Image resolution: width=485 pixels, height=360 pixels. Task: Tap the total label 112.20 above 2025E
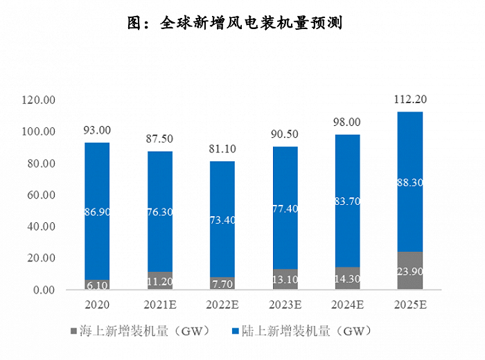coord(409,100)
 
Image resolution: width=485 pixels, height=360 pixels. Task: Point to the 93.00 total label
coord(97,130)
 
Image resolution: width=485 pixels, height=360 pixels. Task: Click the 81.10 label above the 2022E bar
coord(222,149)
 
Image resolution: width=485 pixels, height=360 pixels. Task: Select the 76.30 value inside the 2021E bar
coord(159,212)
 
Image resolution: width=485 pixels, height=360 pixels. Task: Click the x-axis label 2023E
coord(285,305)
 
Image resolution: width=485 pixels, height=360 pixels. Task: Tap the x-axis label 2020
coord(97,305)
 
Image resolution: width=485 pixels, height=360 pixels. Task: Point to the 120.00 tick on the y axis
coord(39,100)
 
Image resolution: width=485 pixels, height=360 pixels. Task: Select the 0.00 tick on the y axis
coord(44,290)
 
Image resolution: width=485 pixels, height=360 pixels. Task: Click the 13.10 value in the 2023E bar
coord(285,280)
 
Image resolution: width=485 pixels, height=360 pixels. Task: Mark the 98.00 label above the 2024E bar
coord(347,122)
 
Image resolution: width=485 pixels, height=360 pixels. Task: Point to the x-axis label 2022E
coord(222,305)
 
